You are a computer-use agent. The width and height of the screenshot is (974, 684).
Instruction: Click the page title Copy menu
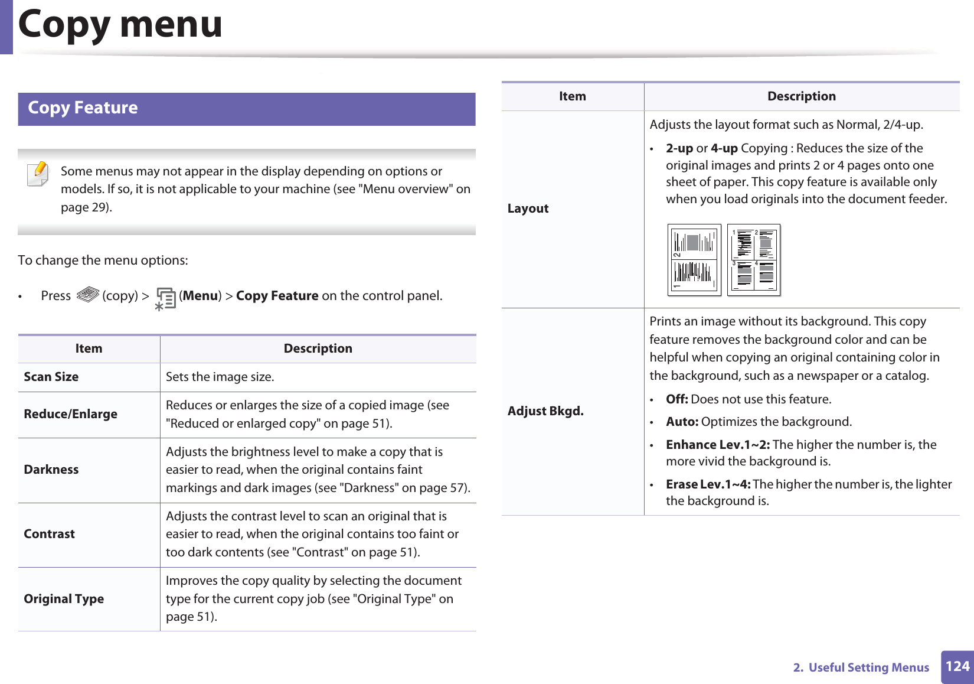coord(120,25)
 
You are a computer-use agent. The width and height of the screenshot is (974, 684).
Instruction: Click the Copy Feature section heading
coord(83,108)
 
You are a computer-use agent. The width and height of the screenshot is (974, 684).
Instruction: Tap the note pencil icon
coord(38,174)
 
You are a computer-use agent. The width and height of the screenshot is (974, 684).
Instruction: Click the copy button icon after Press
coord(87,294)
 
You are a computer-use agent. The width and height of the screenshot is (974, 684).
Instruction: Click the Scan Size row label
coord(51,377)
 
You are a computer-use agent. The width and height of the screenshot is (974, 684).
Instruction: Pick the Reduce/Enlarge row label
coord(70,414)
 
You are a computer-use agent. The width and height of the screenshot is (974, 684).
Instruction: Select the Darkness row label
coord(51,470)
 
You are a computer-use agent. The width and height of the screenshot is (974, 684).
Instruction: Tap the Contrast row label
coord(50,534)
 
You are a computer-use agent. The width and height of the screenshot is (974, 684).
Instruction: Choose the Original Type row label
coord(64,599)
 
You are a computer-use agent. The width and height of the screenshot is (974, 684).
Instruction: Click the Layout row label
coord(528,209)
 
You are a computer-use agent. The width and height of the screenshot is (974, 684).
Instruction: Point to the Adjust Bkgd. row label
coord(545,411)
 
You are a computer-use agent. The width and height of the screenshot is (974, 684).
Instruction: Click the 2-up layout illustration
coord(694,259)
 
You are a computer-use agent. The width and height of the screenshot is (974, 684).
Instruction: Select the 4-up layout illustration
coord(754,259)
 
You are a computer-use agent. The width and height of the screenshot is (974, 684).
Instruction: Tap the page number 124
coord(957,667)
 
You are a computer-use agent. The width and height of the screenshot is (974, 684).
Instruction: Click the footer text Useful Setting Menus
coord(868,667)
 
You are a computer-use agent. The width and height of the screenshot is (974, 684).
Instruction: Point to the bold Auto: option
coord(682,422)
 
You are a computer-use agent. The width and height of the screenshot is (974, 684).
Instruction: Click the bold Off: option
coord(676,399)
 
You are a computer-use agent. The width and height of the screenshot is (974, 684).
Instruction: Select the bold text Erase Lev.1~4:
coord(708,484)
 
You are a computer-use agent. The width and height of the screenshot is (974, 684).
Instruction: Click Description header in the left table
coord(318,348)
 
